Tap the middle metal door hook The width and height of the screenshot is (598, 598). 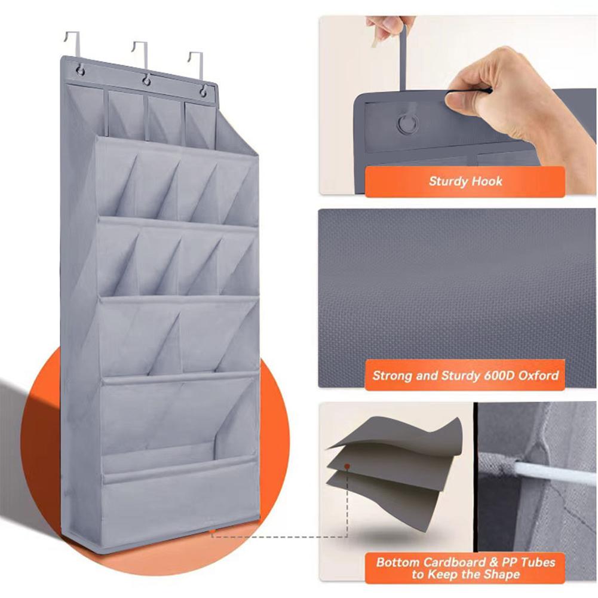point(140,53)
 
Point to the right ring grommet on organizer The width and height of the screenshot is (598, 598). point(204,90)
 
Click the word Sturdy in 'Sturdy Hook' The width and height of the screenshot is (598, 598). point(449,181)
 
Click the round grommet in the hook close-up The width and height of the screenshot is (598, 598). point(407,124)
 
